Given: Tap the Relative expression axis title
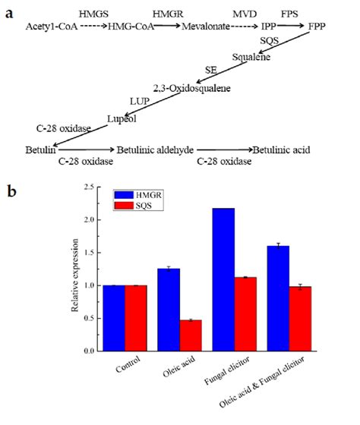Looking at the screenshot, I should tap(74, 269).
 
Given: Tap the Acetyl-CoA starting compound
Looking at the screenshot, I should tap(49, 26).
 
